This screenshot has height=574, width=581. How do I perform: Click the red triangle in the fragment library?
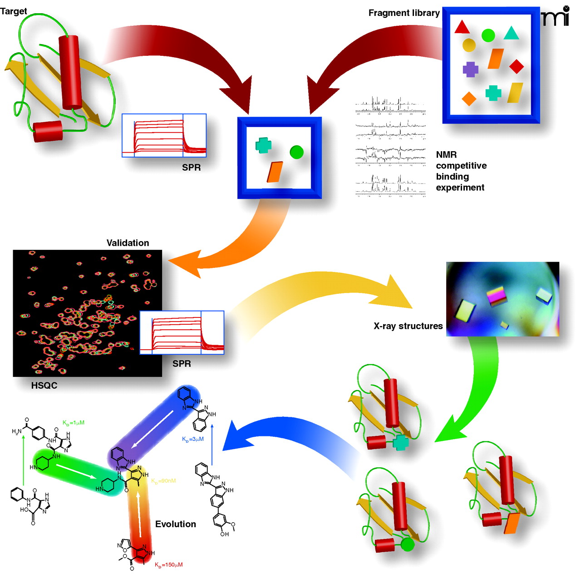point(462,28)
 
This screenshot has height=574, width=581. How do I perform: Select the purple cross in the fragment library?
point(471,69)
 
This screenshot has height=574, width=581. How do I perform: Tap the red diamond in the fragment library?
point(517,66)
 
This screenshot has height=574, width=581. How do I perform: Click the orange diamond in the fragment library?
point(469,99)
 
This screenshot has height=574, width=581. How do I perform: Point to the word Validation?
point(128,243)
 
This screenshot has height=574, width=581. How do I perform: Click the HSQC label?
point(44,386)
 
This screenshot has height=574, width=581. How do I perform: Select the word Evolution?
point(176,524)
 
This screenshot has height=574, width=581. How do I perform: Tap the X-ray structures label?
point(408,326)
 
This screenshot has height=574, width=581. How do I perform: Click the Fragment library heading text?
point(404,13)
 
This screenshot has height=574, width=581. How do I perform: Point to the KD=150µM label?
point(169,564)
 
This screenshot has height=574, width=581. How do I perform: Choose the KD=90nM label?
point(163,481)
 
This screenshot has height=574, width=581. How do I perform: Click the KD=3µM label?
point(193,439)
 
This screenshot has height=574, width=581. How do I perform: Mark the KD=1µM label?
point(74,423)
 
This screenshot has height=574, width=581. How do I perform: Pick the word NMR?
point(446,155)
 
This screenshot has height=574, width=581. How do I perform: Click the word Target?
point(14,11)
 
